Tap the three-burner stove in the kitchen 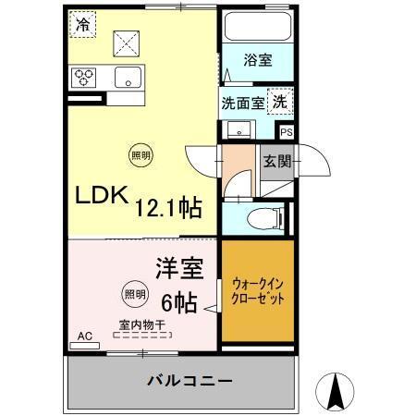point(84,77)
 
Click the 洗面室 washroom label point(242,103)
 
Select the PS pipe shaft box point(286,133)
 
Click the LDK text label point(97,199)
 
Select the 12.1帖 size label point(170,205)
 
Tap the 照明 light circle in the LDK point(137,154)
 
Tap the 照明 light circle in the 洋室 point(133,295)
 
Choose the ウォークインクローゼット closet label point(257,292)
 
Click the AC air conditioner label point(84,336)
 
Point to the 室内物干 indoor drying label point(141,324)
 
